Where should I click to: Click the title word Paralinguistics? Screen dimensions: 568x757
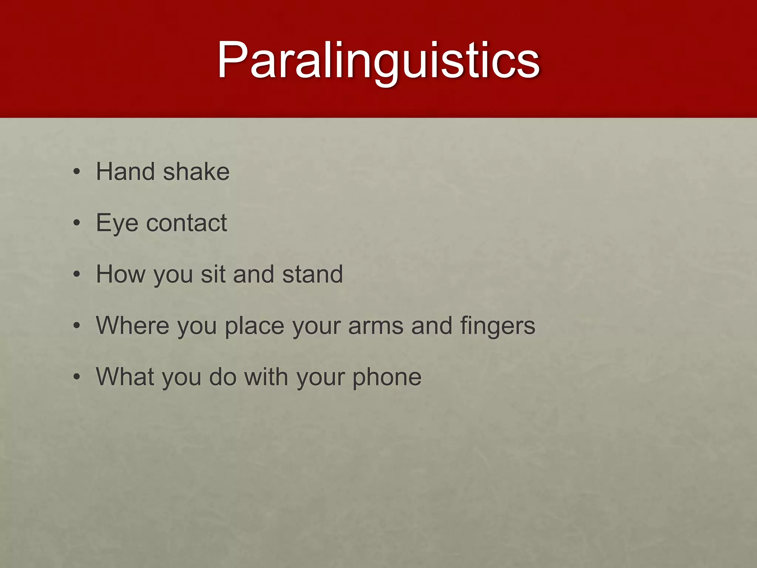coord(378,60)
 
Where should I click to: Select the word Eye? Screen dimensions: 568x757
coord(117,223)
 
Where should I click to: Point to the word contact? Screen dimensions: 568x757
coord(186,223)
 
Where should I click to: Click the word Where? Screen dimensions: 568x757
coord(133,325)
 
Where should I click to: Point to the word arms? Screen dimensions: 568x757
coord(376,326)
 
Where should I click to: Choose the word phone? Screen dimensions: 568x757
coord(387,378)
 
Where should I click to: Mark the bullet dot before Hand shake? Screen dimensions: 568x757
coord(77,172)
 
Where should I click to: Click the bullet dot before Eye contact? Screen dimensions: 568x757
coord(77,223)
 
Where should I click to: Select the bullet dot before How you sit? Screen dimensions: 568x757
coord(77,274)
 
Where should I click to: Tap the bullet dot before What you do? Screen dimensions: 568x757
coord(77,377)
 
